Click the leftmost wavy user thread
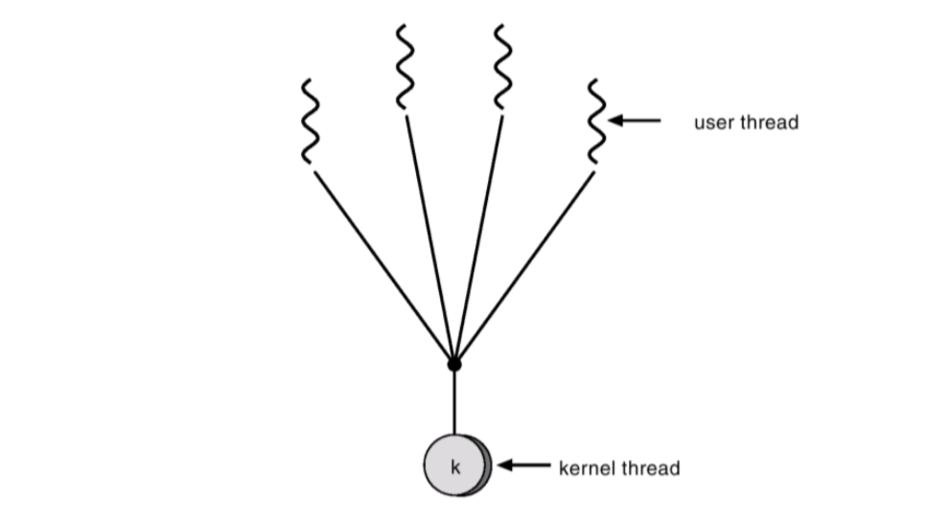[x=309, y=123]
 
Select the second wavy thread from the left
[x=405, y=67]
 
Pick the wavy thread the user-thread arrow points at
[x=596, y=121]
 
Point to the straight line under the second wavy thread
[x=429, y=239]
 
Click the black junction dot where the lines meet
[x=454, y=364]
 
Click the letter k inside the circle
[x=455, y=467]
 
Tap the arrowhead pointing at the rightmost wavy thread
[x=616, y=121]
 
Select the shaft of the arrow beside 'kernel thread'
[x=530, y=466]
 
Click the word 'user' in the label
[x=711, y=123]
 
